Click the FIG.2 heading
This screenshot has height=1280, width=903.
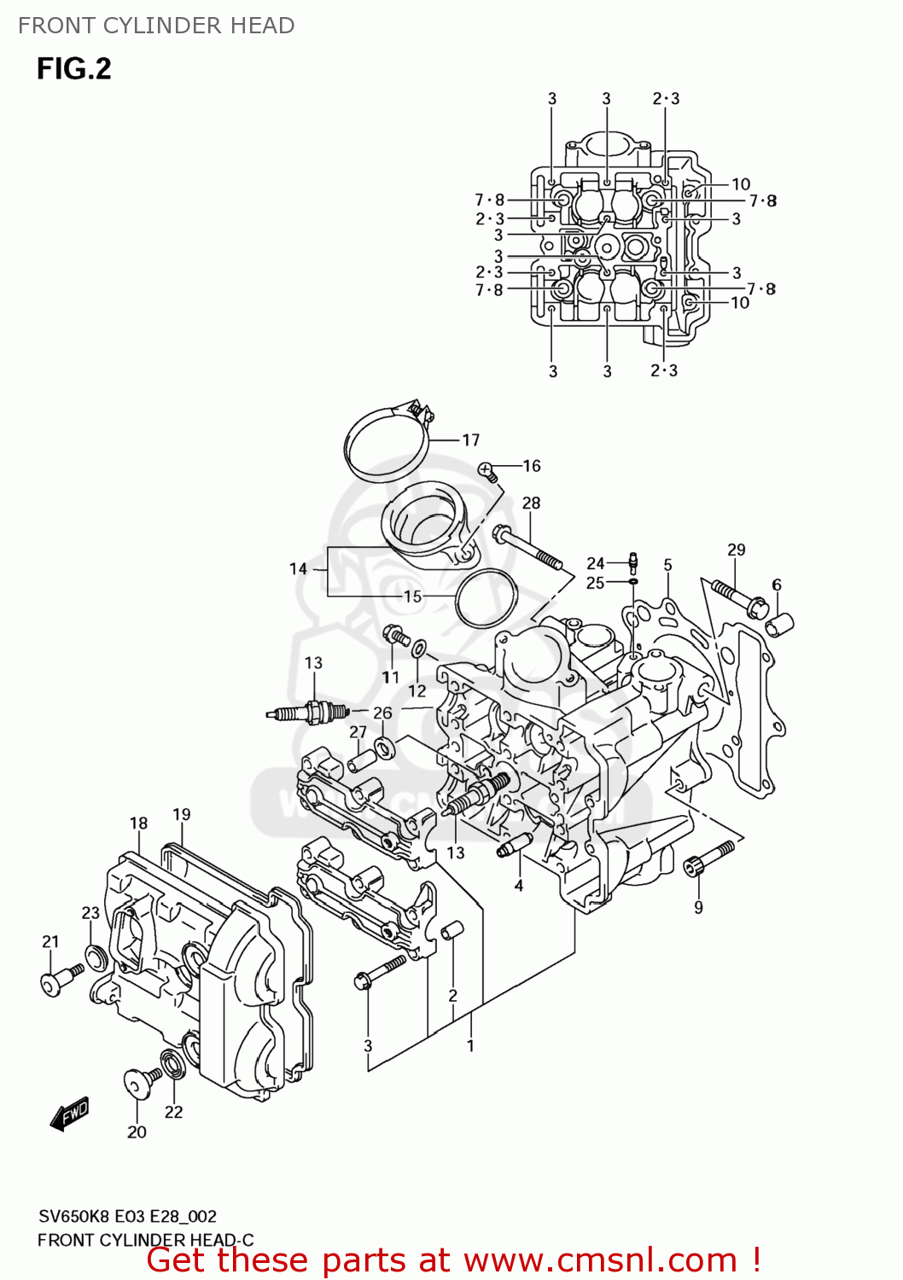[73, 69]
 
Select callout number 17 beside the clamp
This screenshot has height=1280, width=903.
[471, 440]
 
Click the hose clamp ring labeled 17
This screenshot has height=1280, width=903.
[386, 444]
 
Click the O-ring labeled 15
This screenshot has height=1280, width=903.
[486, 597]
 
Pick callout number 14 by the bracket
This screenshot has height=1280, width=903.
[298, 568]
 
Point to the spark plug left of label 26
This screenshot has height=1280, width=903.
[307, 712]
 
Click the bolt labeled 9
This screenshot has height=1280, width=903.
[708, 858]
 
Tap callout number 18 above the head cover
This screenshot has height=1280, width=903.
[138, 823]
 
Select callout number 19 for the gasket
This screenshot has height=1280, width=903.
[181, 814]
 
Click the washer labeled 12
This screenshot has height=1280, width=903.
[419, 649]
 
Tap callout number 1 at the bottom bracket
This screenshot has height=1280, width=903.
[469, 1045]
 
